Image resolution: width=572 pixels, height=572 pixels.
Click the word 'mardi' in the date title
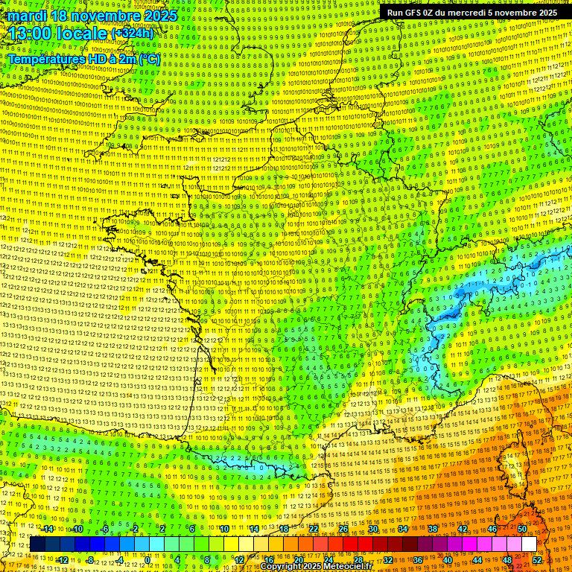[x=27, y=16]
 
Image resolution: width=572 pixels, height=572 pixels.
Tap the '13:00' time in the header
[x=30, y=34]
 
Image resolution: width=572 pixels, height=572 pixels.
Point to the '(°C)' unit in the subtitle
[x=149, y=58]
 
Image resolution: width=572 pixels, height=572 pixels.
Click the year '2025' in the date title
[x=160, y=16]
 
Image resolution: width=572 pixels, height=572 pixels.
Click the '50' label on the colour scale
[x=522, y=529]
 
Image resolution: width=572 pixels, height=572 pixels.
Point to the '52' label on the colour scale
[x=537, y=560]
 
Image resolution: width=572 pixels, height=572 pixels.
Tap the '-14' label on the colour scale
[x=48, y=529]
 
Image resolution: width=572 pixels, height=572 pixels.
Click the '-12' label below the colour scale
[x=63, y=560]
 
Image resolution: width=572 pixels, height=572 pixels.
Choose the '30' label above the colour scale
[x=373, y=529]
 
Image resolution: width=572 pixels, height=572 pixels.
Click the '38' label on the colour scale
[x=433, y=529]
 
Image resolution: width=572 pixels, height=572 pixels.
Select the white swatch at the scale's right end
[x=529, y=544]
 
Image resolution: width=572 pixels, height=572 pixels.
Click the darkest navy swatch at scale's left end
[x=37, y=544]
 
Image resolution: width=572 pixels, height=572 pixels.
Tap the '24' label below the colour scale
[x=328, y=560]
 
